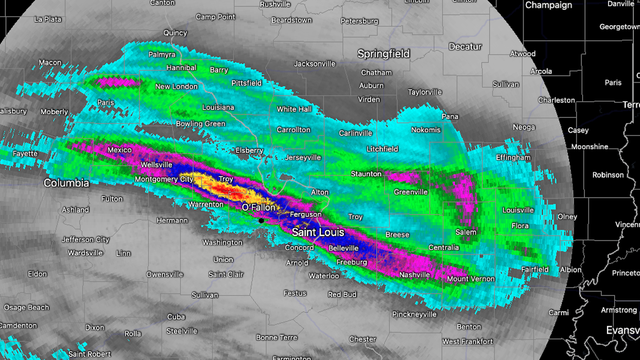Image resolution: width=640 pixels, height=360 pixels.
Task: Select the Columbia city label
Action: tap(66, 184)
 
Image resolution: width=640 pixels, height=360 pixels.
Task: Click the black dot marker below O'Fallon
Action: tap(260, 217)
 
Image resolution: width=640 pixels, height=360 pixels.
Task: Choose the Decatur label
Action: tap(464, 46)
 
